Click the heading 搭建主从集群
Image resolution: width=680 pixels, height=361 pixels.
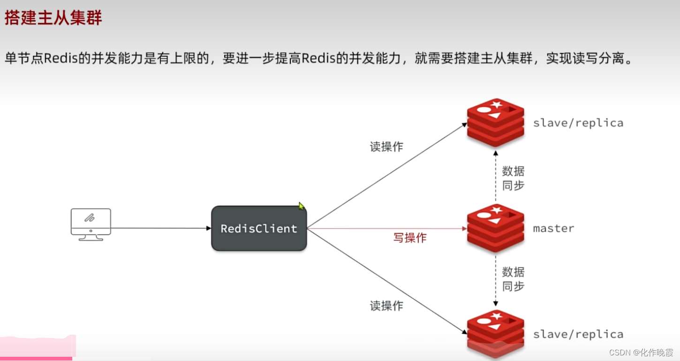(x=53, y=19)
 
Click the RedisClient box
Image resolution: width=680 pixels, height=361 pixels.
(x=259, y=229)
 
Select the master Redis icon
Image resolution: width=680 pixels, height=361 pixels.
(x=495, y=228)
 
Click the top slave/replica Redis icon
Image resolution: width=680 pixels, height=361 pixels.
(x=495, y=123)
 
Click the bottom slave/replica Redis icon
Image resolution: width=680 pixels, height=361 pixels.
(x=495, y=333)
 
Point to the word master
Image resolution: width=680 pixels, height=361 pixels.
(x=553, y=229)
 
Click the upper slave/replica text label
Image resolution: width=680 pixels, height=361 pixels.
(x=578, y=123)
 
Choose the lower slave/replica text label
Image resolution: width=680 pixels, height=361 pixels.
(x=578, y=334)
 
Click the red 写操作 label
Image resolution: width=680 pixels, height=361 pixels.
(x=409, y=238)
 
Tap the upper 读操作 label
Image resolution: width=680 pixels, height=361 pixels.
(x=386, y=147)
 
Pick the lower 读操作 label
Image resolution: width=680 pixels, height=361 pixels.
(x=386, y=306)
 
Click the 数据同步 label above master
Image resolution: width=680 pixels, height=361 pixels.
(x=513, y=178)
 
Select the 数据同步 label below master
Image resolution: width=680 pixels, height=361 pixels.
(x=513, y=279)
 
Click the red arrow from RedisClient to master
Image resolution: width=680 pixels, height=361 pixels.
(x=385, y=229)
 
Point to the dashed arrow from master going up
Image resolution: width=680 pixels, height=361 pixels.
(x=495, y=176)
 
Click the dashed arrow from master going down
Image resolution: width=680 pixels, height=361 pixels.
(x=495, y=279)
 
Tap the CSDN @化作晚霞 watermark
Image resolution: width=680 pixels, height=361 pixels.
(x=641, y=352)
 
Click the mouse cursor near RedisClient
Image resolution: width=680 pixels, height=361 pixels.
(x=301, y=206)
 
